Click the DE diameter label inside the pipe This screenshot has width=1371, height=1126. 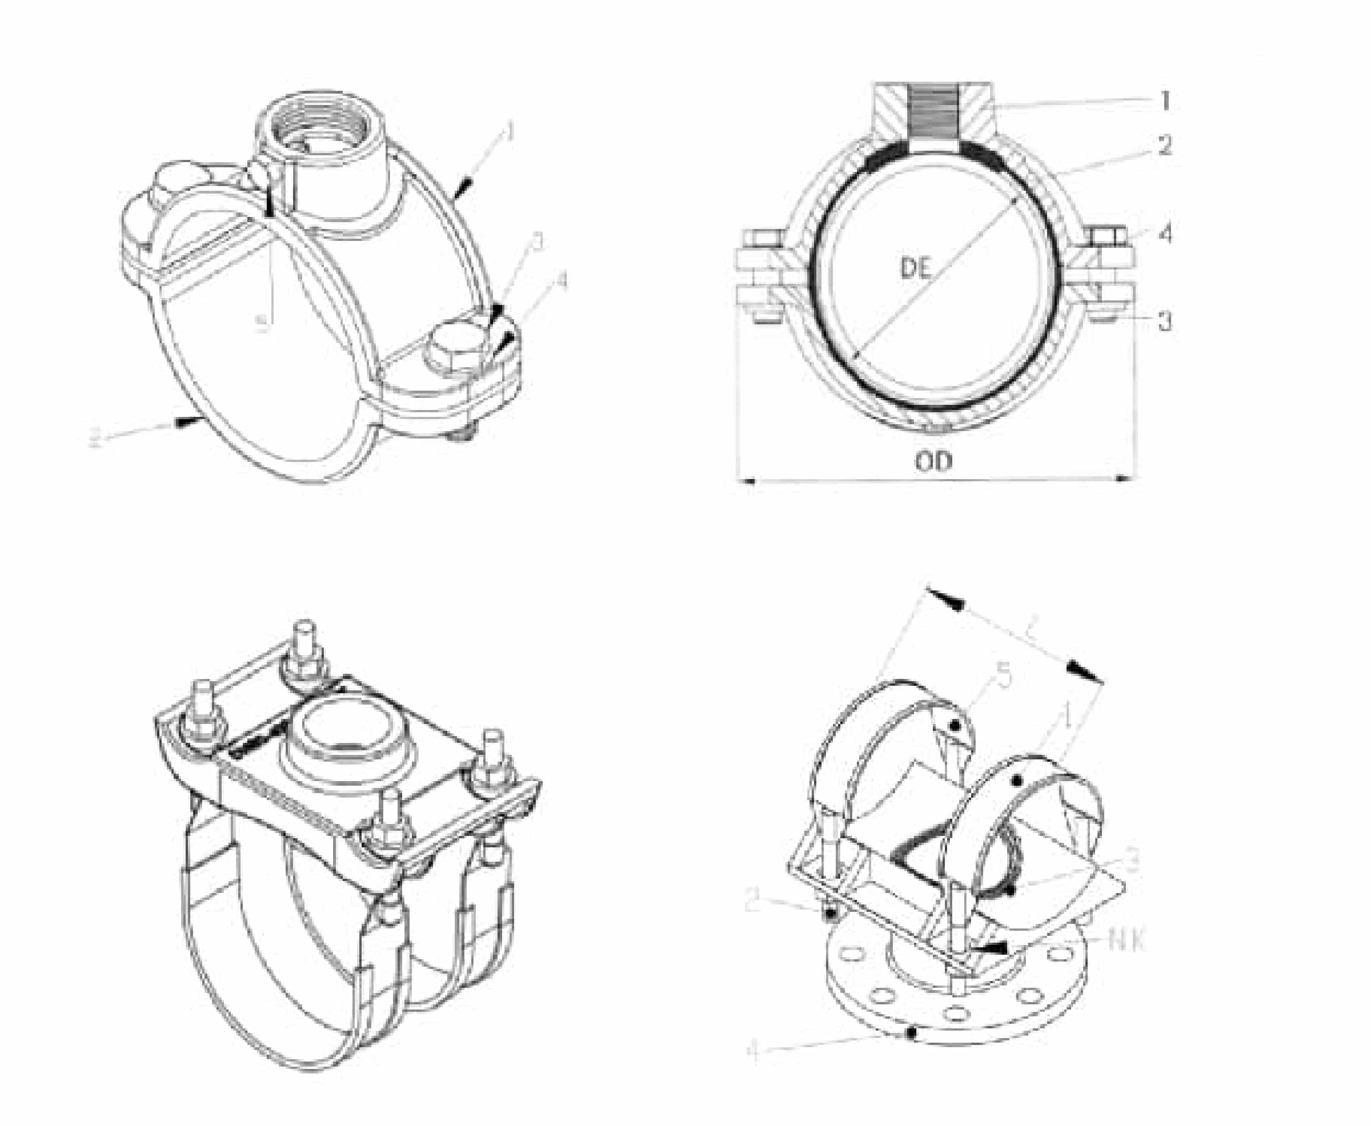point(916,267)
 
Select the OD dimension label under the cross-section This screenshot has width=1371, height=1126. point(933,461)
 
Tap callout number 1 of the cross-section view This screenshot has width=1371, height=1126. point(1165,100)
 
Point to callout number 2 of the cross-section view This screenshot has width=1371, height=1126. point(1165,145)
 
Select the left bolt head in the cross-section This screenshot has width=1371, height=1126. point(758,239)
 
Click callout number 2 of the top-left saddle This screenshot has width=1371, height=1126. point(95,439)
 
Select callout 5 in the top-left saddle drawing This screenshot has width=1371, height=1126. point(262,323)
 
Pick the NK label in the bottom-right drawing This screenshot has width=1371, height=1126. point(1127,939)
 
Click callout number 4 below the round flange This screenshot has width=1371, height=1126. point(753,1051)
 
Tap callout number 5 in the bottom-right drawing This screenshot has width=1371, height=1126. point(1003,677)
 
